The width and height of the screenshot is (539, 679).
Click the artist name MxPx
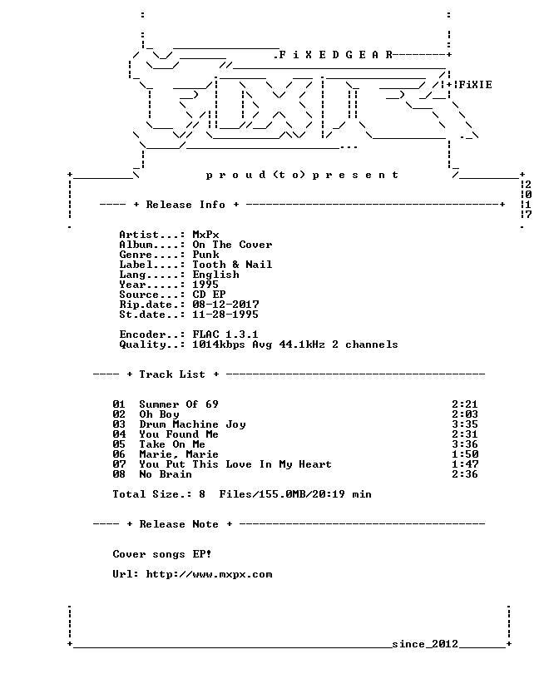[x=205, y=235]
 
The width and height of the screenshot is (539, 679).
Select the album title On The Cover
[x=232, y=245]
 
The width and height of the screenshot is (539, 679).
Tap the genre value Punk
[x=205, y=255]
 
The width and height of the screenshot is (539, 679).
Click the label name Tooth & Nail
[x=232, y=265]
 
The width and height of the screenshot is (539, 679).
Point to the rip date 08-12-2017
[x=225, y=305]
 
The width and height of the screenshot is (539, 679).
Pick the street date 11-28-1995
[x=225, y=315]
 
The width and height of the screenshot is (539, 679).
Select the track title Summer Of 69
[x=179, y=404]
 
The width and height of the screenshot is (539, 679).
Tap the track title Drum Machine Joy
[x=193, y=424]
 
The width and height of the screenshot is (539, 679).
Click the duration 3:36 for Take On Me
[x=465, y=444]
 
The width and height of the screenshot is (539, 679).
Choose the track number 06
[x=119, y=454]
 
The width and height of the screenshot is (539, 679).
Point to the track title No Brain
[x=166, y=474]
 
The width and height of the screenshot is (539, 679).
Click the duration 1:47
[x=465, y=464]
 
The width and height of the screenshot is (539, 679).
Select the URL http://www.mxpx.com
[x=209, y=574]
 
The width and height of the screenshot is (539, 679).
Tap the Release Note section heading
[x=179, y=524]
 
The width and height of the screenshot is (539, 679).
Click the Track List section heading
[x=172, y=374]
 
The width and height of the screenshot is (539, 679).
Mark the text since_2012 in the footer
[x=425, y=644]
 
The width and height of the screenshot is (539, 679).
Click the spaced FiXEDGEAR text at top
[x=335, y=55]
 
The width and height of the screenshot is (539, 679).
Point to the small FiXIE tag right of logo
[x=475, y=84]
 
